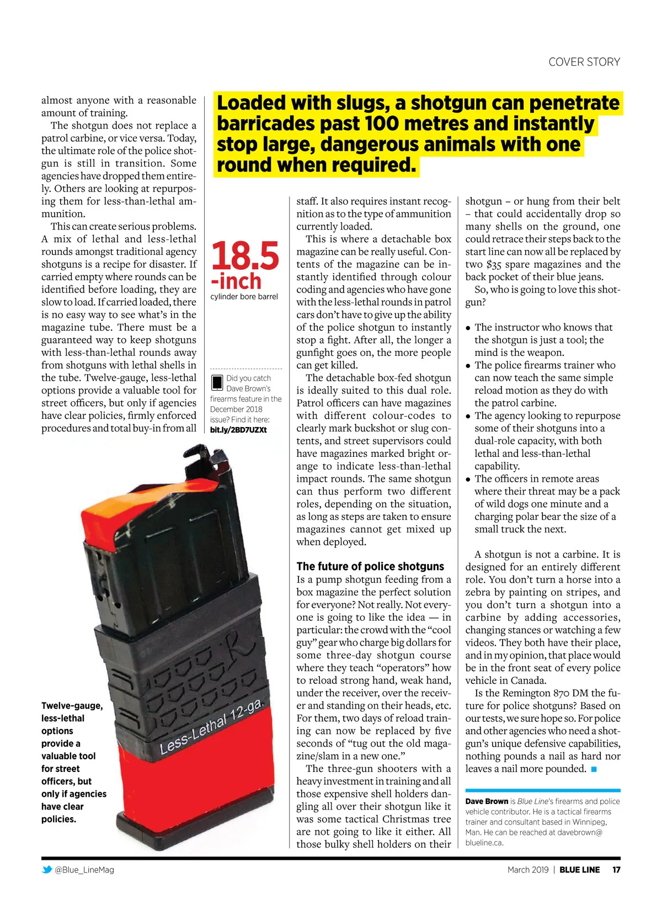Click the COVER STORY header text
pos(584,62)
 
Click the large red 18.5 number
pos(245,255)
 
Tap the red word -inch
pos(236,281)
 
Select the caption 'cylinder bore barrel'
pos(244,297)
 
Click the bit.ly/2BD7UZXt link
pos(238,430)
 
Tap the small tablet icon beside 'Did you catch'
pos(217,382)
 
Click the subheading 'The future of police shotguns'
pos(370,566)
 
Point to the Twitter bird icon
pos(47,870)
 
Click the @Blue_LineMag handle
pos(84,870)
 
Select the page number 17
pos(616,870)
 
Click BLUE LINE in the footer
pos(579,870)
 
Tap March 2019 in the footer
pos(528,870)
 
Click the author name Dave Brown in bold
pos(487,801)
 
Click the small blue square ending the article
pos(594,769)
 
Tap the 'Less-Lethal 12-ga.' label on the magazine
pos(212,727)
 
